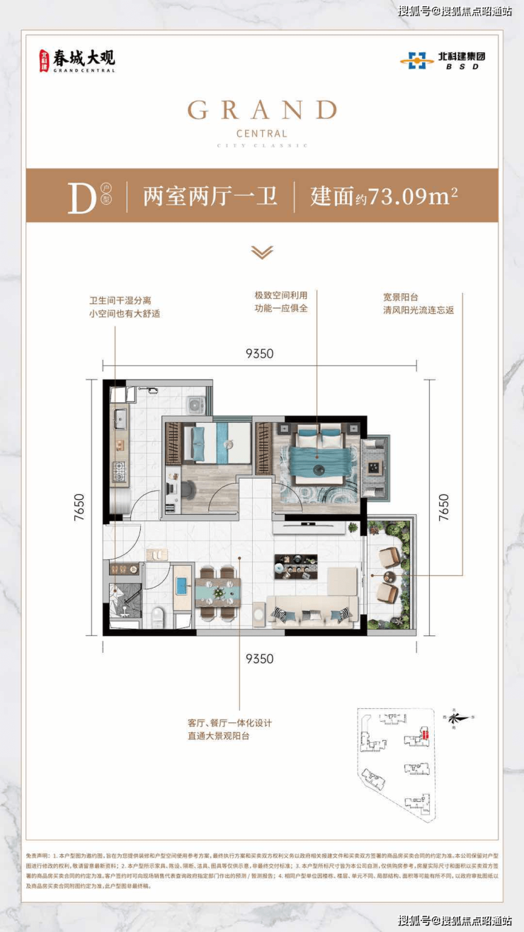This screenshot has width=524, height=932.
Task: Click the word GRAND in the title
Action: pos(262,110)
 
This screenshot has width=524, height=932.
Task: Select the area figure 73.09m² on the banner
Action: pos(408,196)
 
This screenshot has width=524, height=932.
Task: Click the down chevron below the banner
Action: pos(262,253)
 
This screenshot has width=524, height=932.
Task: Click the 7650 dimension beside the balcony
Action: pos(443,506)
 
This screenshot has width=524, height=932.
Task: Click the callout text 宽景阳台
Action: pos(400,297)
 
